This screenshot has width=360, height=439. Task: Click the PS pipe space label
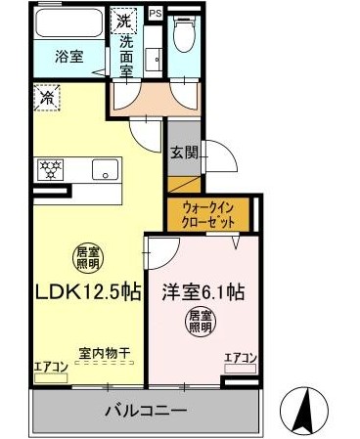pos(156,14)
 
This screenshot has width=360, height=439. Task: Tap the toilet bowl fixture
pos(183,33)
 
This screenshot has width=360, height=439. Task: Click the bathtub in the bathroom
pos(67,22)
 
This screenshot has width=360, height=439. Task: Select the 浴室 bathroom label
pos(69,57)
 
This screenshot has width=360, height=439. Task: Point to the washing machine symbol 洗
pos(124,21)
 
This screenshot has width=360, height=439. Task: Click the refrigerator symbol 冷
pos(48,97)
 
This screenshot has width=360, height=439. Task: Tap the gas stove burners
pos(51,169)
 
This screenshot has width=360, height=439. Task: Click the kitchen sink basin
pos(105,169)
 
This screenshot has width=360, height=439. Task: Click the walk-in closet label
pos(208,214)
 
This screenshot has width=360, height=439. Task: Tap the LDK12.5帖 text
pos(88,291)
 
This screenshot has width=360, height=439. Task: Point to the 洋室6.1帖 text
pos(203,291)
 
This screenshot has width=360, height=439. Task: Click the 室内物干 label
pos(105,353)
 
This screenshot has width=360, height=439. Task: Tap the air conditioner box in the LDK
pos(51,378)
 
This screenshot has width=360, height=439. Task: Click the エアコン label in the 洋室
pos(241,358)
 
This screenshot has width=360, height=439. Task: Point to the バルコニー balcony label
pos(146,411)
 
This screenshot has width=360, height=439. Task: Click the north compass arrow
pos(306,410)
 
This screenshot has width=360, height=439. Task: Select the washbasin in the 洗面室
pos(154,59)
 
